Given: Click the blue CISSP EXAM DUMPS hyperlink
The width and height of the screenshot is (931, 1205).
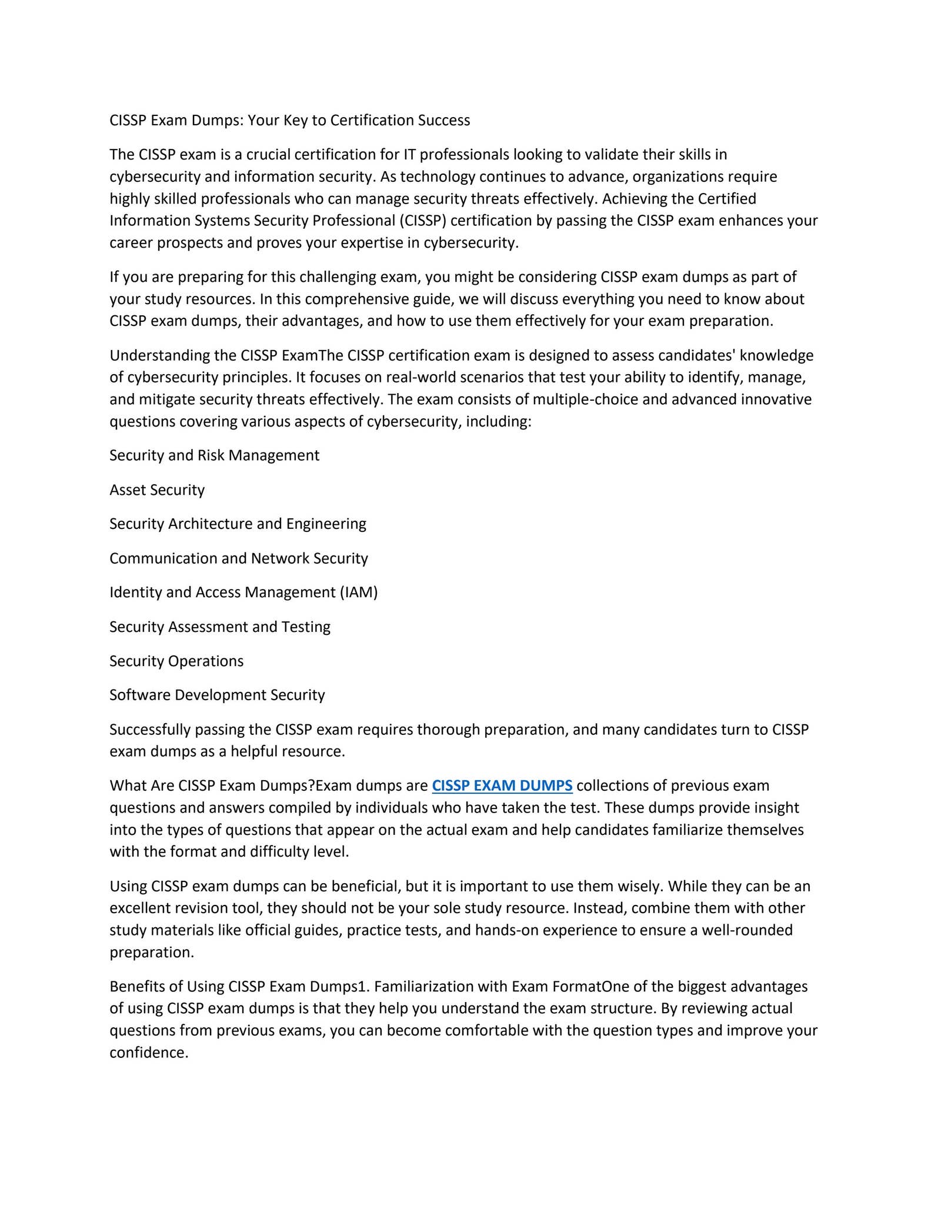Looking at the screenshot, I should click(x=502, y=785).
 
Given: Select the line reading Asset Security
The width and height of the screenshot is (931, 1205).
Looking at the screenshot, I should click(x=157, y=490).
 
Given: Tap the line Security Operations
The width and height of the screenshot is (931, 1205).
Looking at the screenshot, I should click(x=176, y=661).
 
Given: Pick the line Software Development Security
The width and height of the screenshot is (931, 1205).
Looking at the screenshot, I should click(x=217, y=695).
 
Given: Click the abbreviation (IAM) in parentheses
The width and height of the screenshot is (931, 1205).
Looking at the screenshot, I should click(x=358, y=592).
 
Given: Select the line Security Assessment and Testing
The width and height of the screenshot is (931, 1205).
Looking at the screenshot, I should click(x=220, y=627).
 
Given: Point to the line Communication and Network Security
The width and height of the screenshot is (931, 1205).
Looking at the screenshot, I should click(x=239, y=558).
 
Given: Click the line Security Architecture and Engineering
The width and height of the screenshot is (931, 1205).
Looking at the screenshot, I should click(x=238, y=524).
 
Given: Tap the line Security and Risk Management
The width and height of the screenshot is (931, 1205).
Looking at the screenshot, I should click(x=214, y=455).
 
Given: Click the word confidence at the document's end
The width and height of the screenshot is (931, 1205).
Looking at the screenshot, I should click(x=148, y=1053).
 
